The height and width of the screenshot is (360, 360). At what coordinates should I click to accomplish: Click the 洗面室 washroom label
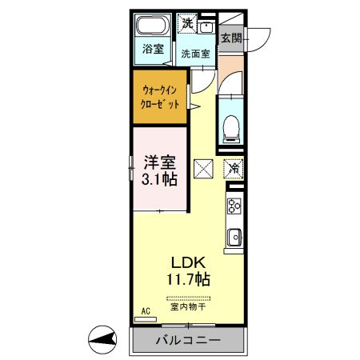point(194,54)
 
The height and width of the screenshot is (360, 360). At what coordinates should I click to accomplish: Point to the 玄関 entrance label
point(231,37)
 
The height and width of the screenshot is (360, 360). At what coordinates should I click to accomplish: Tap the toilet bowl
point(230,126)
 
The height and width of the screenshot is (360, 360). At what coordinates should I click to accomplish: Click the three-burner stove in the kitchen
point(234,206)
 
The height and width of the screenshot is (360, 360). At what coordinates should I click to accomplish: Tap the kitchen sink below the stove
point(234,238)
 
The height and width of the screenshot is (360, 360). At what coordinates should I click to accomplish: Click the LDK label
point(190,262)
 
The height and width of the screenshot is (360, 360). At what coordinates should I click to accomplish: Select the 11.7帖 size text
point(190,280)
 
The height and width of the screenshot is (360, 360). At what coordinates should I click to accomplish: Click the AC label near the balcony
point(146,311)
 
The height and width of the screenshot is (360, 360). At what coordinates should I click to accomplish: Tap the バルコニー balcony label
point(187,341)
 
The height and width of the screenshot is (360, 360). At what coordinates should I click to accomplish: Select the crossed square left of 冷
point(203,169)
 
